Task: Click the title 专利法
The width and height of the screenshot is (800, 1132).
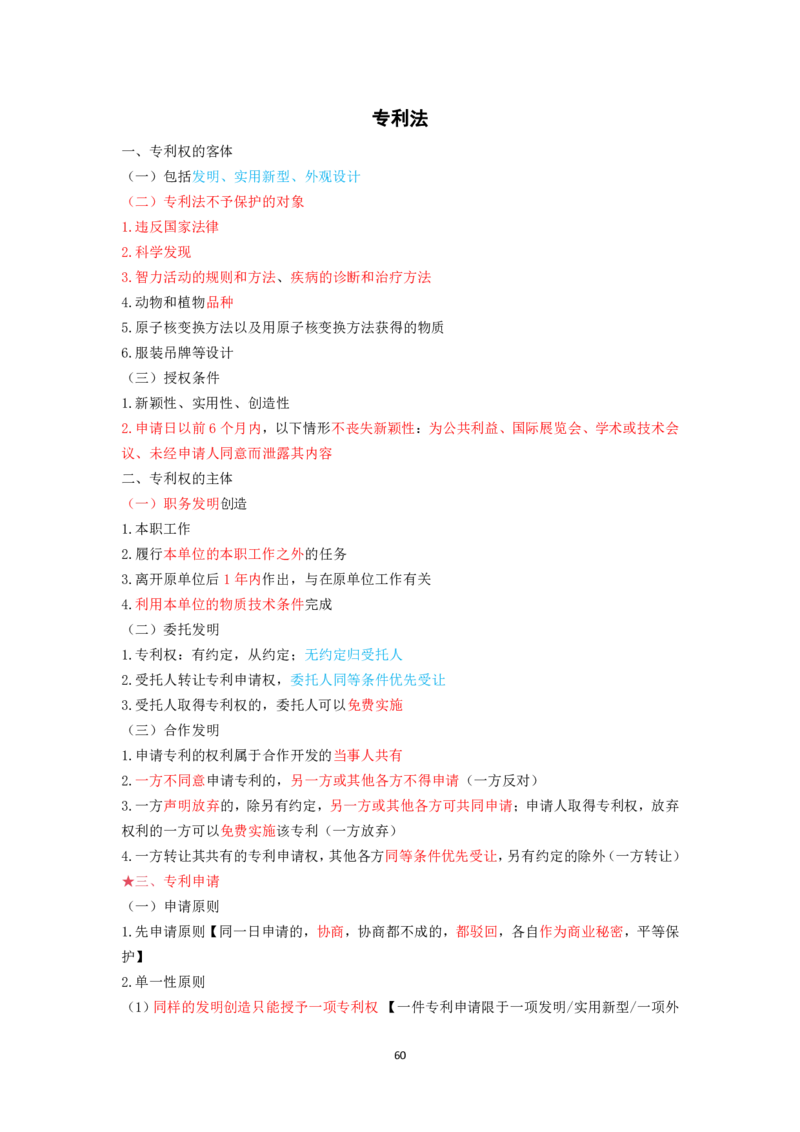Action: coord(400,118)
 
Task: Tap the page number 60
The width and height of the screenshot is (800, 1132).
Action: coord(400,1055)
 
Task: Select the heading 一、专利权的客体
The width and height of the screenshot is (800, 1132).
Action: coord(177,151)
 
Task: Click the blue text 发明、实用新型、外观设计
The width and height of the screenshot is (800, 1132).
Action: coord(276,176)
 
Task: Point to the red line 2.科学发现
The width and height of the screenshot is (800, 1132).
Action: coord(156,252)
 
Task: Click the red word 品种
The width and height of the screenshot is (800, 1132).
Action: coord(219,302)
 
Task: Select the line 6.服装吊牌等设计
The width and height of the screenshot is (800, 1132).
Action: coord(177,352)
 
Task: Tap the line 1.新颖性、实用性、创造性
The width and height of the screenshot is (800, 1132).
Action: coord(205,403)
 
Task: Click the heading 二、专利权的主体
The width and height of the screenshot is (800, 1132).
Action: coord(177,479)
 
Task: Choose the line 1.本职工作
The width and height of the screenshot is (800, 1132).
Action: coord(156,529)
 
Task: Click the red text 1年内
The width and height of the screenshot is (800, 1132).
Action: coord(242,579)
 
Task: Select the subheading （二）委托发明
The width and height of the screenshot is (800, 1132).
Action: coord(173,630)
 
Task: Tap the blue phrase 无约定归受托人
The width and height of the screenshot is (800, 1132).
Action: coord(353,655)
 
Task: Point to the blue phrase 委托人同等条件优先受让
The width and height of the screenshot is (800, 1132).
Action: coord(368,680)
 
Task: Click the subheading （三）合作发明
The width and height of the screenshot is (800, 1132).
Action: coord(173,731)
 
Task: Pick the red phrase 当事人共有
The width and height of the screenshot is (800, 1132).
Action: coord(368,756)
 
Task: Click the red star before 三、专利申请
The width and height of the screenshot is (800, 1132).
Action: coord(128,881)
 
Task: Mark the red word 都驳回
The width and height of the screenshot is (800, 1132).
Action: coord(477,932)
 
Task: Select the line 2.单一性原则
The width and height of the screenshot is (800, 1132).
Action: coord(163,983)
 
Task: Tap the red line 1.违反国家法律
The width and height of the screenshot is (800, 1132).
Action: coord(170,227)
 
